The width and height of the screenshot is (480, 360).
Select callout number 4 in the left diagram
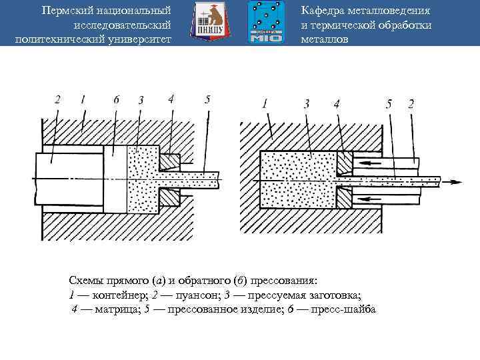point(171,99)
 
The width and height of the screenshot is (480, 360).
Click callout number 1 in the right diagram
point(265,103)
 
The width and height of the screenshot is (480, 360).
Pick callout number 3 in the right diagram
point(306,103)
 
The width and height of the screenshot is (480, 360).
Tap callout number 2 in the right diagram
point(411,103)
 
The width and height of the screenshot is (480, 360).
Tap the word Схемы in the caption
point(87,280)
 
